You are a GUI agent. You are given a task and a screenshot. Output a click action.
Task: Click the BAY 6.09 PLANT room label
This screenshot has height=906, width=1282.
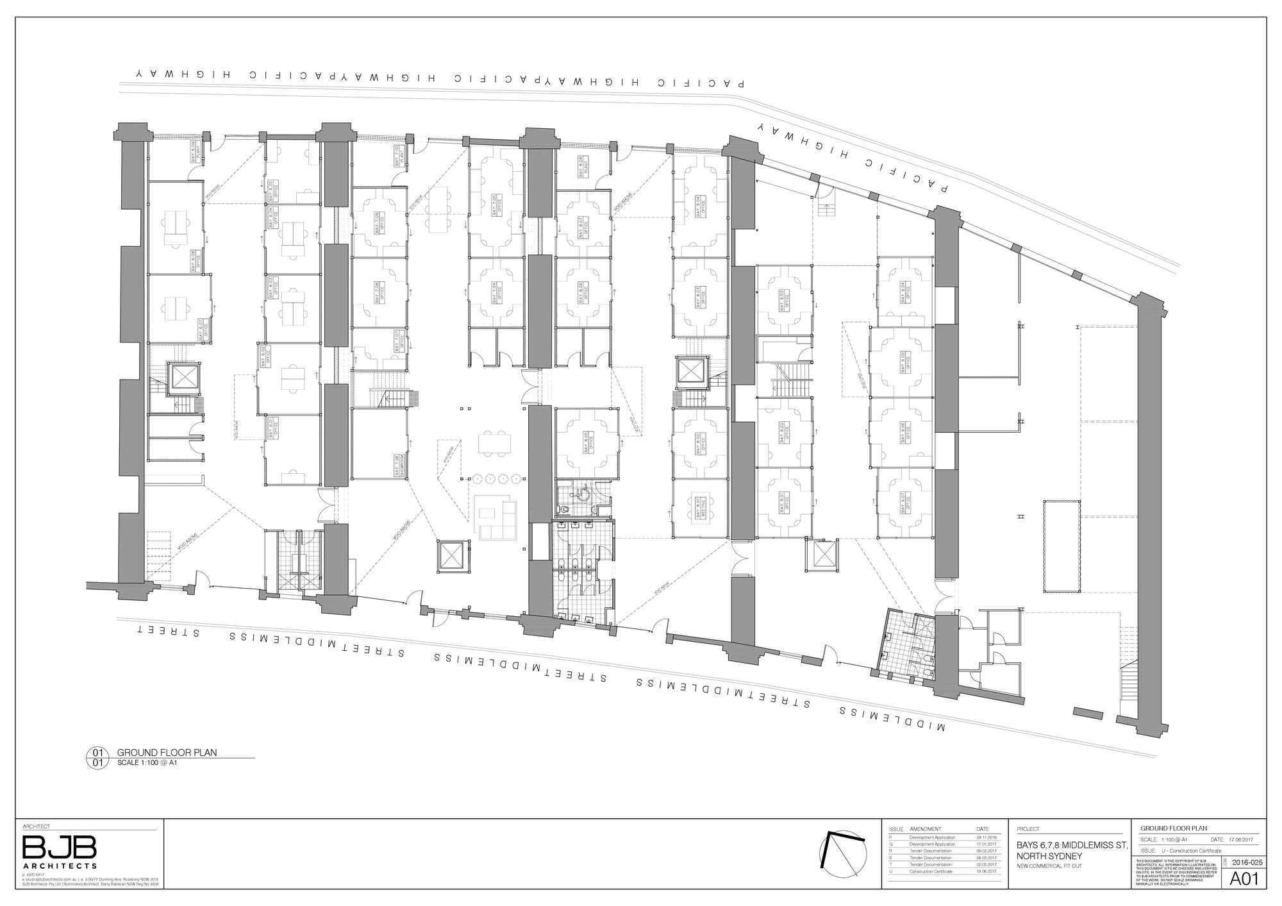click(197, 153)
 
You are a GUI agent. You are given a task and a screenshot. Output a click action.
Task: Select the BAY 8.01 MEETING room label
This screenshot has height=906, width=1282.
click(701, 507)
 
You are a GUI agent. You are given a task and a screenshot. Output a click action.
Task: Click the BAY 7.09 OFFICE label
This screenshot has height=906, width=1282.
click(379, 222)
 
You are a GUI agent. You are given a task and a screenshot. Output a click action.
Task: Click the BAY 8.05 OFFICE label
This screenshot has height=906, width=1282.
click(588, 442)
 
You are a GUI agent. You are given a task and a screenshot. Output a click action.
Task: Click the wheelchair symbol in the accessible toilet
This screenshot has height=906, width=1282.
click(583, 494)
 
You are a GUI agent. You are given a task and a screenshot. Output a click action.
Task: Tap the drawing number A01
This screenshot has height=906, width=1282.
click(1244, 879)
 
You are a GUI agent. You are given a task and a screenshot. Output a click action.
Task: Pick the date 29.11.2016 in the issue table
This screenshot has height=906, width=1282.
click(986, 837)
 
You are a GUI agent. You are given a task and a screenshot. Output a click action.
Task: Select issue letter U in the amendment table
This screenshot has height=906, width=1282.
click(891, 871)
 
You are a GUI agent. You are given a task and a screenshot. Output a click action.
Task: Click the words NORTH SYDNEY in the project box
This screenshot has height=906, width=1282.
click(1049, 857)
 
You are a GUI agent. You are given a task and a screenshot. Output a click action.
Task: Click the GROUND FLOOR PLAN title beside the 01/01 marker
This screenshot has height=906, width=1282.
click(167, 753)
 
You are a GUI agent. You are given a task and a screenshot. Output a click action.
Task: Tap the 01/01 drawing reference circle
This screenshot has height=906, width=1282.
click(97, 758)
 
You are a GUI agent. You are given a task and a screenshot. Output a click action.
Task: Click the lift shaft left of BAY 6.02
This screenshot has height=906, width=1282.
click(184, 378)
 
